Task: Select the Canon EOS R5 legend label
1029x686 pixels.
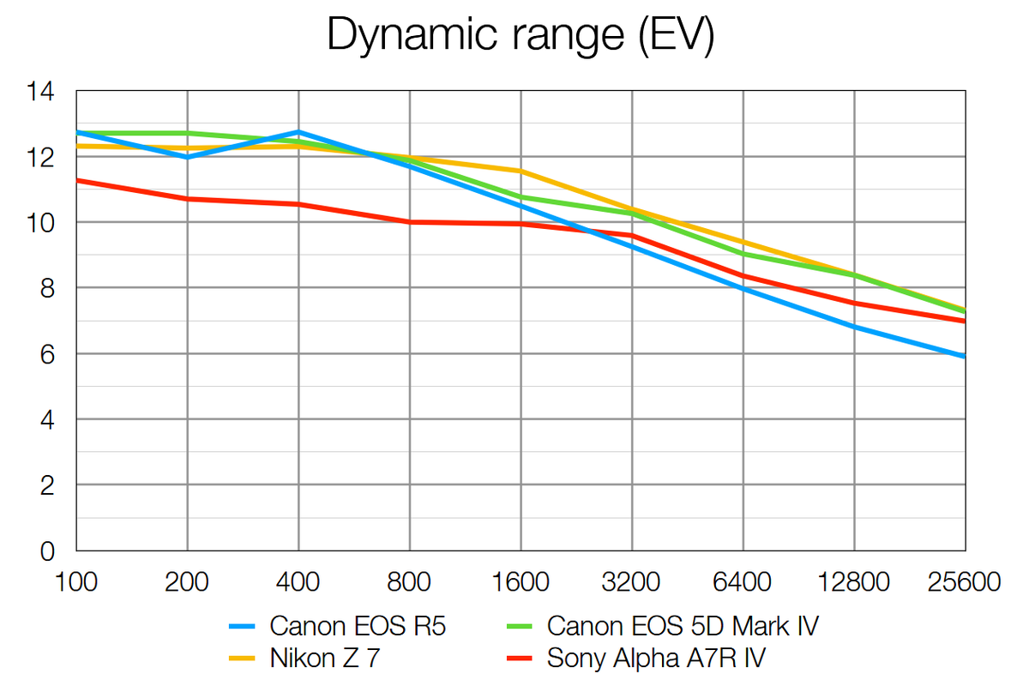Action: [x=358, y=627]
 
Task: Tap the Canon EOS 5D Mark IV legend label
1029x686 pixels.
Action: [x=682, y=627]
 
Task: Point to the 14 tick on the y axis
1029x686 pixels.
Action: [x=42, y=92]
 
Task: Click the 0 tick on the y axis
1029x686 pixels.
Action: [x=48, y=551]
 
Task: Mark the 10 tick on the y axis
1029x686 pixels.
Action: [x=42, y=223]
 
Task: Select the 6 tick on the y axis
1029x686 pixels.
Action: [x=48, y=354]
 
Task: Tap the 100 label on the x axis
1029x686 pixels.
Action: [x=76, y=582]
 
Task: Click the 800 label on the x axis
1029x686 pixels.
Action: [x=409, y=582]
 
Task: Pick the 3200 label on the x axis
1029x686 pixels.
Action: [x=632, y=582]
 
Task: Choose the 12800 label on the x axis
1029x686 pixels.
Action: [x=854, y=582]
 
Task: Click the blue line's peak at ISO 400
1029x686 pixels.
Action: [x=298, y=132]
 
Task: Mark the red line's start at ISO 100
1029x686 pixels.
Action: [x=77, y=180]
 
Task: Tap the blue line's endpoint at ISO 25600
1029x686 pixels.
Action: [x=966, y=356]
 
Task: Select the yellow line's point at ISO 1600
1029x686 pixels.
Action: [x=521, y=171]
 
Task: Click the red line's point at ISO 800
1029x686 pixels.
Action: [x=410, y=222]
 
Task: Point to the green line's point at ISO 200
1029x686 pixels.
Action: [x=188, y=133]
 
